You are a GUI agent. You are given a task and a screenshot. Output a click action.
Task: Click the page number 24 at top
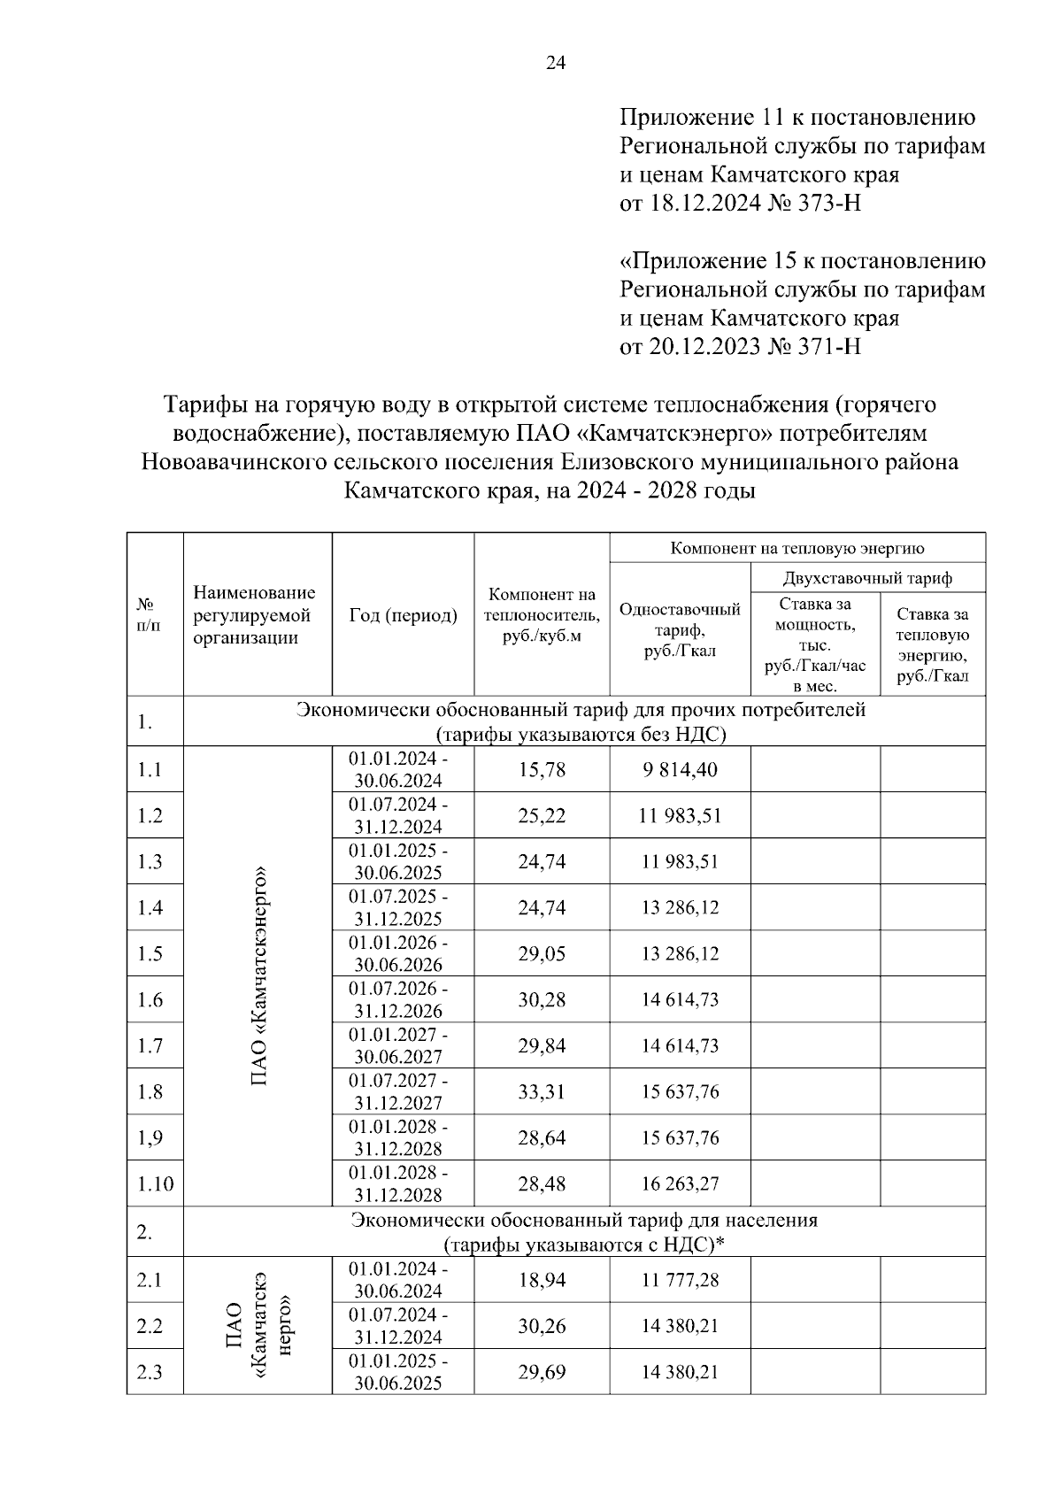(556, 63)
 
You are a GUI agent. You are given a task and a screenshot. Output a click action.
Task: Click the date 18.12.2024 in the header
(705, 204)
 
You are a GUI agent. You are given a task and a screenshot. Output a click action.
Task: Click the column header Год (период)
(404, 615)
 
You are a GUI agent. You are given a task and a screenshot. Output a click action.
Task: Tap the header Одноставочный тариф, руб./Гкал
(680, 629)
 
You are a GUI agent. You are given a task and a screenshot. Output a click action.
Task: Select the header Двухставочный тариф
(867, 578)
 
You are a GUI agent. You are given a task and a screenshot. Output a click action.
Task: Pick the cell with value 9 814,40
(680, 769)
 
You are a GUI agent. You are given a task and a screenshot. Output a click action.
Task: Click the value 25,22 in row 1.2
(542, 815)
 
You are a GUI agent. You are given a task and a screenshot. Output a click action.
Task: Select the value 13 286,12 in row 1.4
(680, 907)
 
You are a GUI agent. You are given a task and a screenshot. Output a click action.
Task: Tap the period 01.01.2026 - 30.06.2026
(398, 953)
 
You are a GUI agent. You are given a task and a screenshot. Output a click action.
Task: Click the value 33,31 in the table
(542, 1091)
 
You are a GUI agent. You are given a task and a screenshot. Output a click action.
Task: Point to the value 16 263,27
(680, 1183)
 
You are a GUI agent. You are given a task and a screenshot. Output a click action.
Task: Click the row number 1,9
(150, 1137)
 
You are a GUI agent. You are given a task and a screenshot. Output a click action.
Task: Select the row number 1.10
(155, 1183)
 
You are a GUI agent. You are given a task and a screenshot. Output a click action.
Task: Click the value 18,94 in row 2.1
(542, 1280)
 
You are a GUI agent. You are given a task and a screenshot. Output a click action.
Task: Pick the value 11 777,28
(680, 1280)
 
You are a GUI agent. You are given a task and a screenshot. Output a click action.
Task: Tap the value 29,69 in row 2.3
(542, 1372)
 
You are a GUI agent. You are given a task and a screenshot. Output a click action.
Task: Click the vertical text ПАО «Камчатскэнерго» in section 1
(258, 975)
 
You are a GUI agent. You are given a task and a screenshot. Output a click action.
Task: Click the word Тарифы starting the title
(204, 405)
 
